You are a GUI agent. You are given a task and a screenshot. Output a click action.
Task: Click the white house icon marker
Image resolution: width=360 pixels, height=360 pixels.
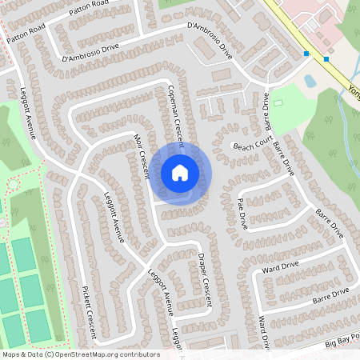tap(180, 173)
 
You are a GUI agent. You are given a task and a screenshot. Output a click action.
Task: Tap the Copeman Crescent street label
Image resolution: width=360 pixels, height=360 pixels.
tap(176, 116)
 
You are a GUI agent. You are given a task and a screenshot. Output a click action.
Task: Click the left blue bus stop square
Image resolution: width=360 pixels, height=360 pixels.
tap(306, 54)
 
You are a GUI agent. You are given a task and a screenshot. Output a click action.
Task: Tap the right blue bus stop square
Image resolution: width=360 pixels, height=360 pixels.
tap(327, 58)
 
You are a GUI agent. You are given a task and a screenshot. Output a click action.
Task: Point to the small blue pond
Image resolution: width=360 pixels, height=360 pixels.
tap(310, 81)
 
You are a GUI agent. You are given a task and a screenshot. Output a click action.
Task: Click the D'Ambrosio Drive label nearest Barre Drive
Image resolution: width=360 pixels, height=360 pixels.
tap(209, 39)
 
